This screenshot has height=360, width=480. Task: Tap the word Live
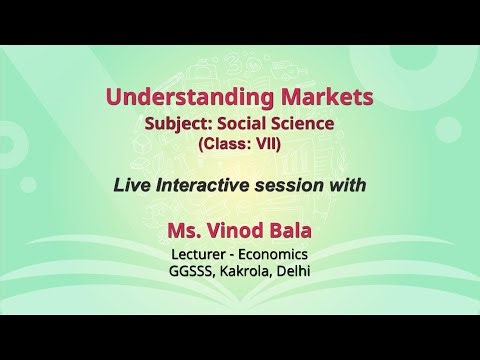[x=133, y=185]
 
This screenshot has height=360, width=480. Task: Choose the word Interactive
[x=205, y=185]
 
